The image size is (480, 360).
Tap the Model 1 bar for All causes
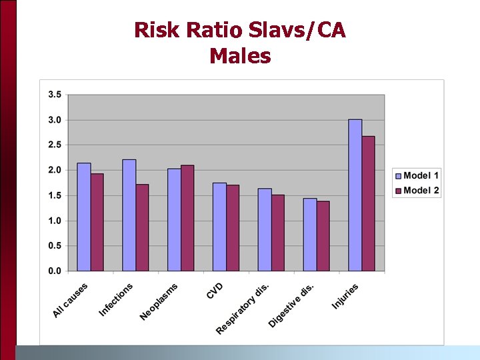[83, 217]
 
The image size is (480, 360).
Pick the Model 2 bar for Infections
[142, 227]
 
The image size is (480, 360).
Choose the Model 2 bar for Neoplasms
[187, 218]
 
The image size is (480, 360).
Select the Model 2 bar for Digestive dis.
[323, 236]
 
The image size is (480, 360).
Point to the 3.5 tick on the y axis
[54, 95]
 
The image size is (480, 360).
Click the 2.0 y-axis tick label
[54, 170]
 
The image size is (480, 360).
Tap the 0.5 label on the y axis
[54, 246]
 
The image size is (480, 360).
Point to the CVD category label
[215, 291]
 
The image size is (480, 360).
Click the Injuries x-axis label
[345, 296]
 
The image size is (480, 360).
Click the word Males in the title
[240, 56]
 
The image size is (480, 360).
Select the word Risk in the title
[157, 30]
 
